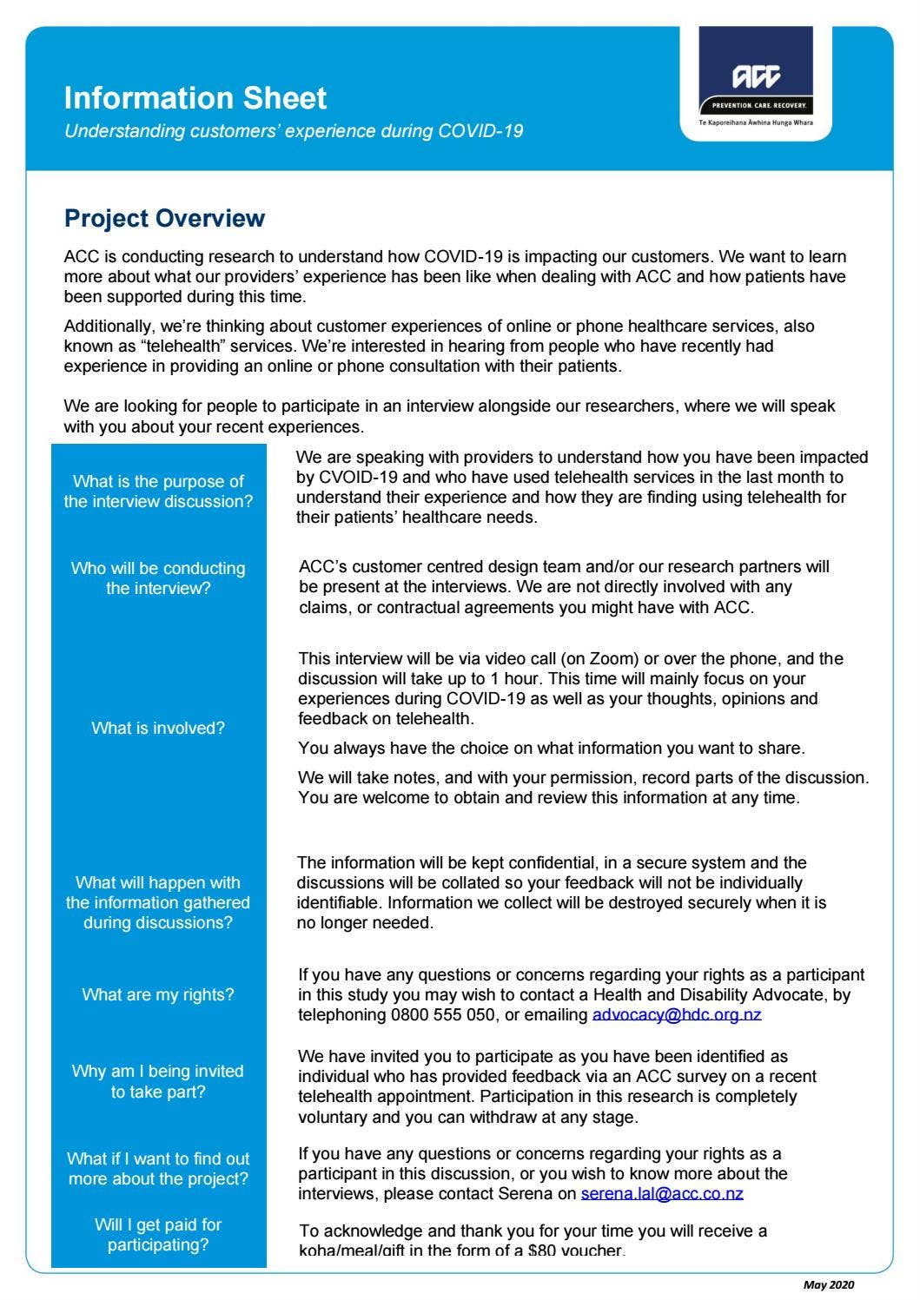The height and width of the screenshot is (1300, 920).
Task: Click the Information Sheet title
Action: [x=195, y=97]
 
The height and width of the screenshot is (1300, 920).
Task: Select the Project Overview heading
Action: [x=164, y=218]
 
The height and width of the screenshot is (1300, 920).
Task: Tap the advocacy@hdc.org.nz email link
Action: [x=677, y=1014]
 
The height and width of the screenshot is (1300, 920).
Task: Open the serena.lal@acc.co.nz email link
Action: [x=662, y=1193]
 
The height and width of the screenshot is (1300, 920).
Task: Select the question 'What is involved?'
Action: [x=158, y=728]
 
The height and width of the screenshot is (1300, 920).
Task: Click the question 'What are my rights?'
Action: [x=158, y=994]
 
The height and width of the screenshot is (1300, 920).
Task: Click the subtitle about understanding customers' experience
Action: [x=294, y=131]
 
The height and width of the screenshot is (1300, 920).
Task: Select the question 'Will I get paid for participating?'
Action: [x=158, y=1235]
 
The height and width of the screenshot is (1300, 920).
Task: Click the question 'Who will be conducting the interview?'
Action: [x=158, y=578]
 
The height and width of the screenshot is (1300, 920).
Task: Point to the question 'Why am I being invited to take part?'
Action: [x=158, y=1081]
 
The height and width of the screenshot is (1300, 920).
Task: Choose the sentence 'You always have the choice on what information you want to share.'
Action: [x=551, y=748]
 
